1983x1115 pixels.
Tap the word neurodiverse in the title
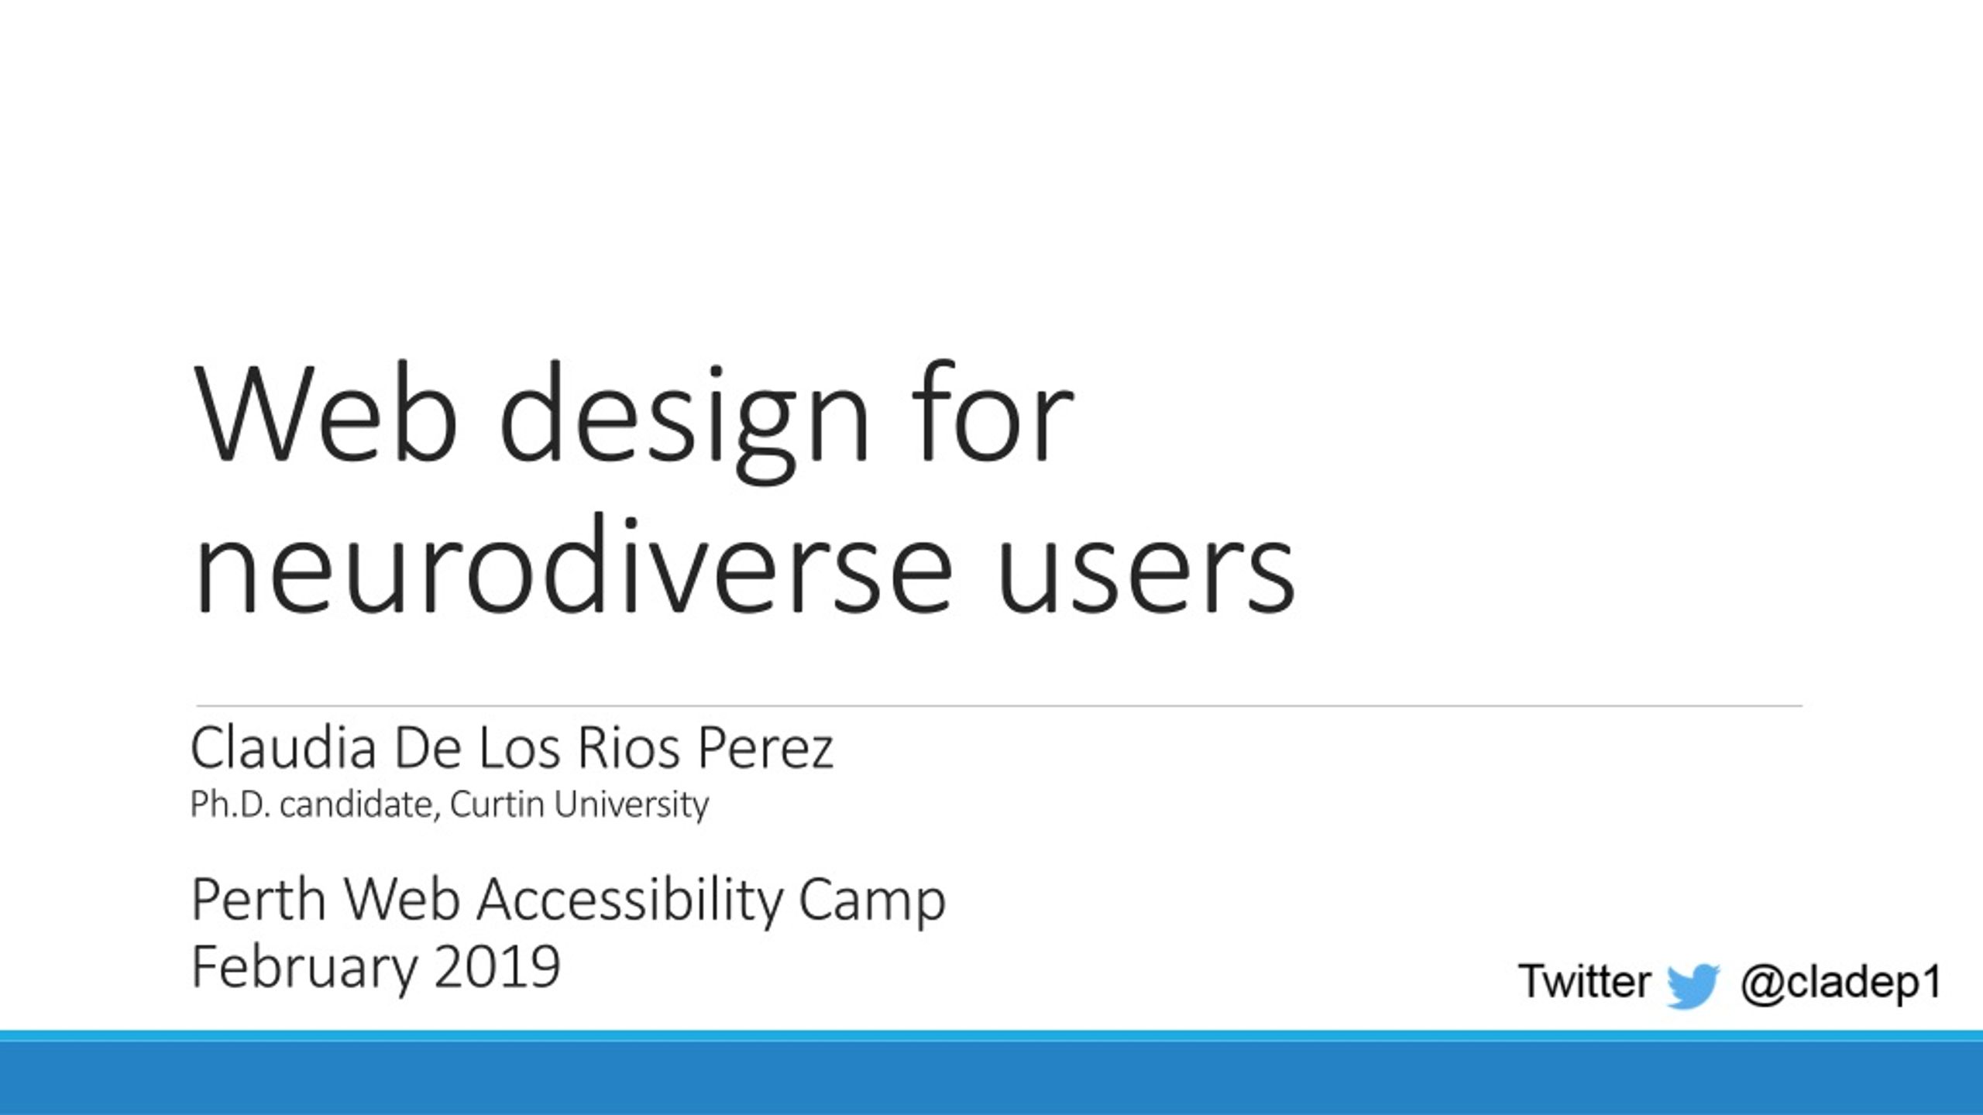click(x=574, y=565)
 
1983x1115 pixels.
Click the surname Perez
click(x=765, y=749)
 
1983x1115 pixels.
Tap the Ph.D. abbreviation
click(x=230, y=805)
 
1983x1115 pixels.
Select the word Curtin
click(x=497, y=805)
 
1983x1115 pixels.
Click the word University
click(x=631, y=806)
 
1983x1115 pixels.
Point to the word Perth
click(x=258, y=900)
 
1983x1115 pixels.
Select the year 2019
click(x=497, y=966)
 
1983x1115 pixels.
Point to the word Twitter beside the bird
click(x=1584, y=981)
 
